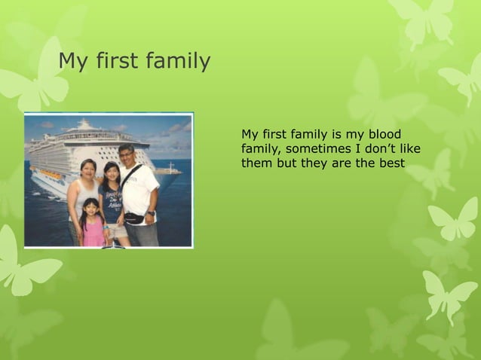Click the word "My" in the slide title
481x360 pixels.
point(73,62)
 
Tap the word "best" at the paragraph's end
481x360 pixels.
point(392,163)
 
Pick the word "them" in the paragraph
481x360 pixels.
point(257,163)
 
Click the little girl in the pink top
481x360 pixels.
point(92,224)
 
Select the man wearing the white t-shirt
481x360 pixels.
point(139,192)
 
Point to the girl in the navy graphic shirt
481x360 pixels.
point(113,200)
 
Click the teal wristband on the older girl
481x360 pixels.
point(105,224)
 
